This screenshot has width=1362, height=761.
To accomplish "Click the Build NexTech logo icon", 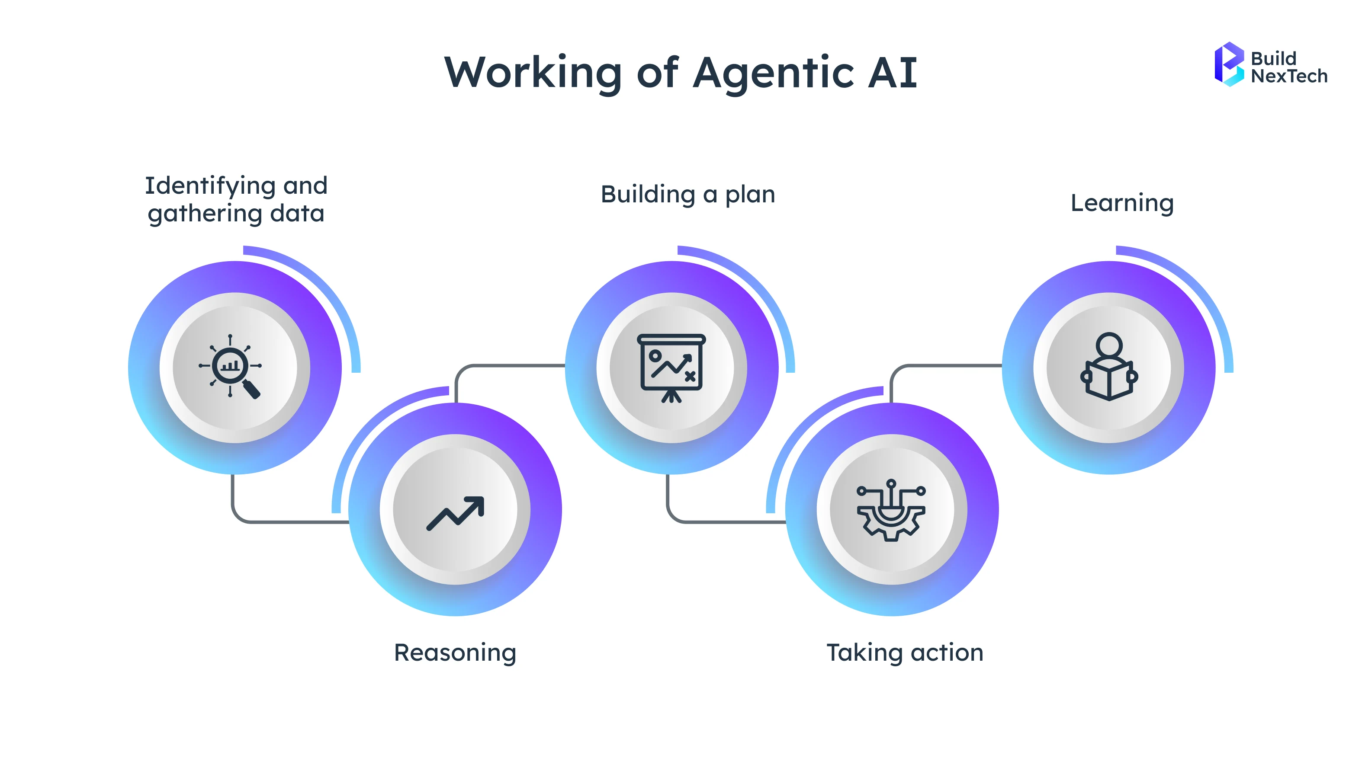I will [1229, 64].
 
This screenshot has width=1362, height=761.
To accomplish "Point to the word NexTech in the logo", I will [1288, 77].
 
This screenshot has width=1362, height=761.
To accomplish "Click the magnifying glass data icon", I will [231, 366].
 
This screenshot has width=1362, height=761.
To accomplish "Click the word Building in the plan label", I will [648, 195].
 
